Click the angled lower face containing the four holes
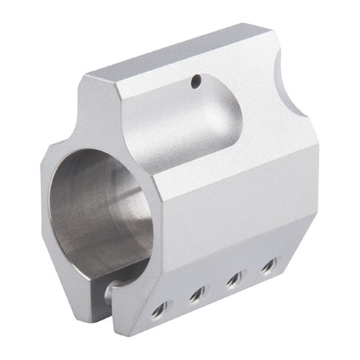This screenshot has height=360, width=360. pyautogui.click(x=216, y=295)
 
